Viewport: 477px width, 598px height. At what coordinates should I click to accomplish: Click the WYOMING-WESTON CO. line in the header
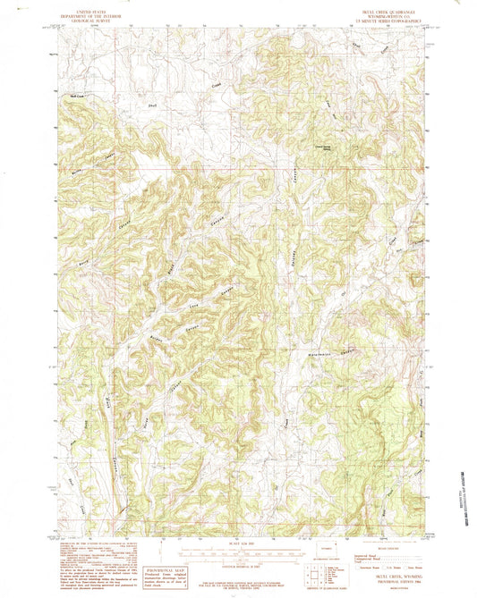click(x=373, y=16)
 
